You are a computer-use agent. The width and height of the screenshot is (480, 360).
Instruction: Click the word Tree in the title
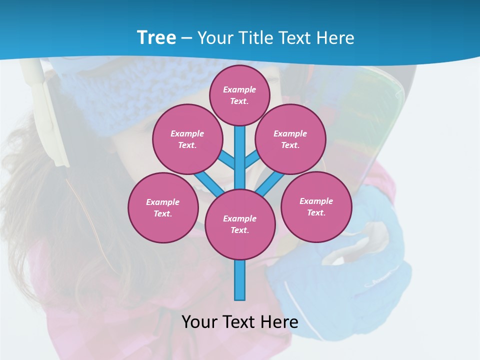156,37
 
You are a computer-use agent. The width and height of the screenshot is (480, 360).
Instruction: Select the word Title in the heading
256,38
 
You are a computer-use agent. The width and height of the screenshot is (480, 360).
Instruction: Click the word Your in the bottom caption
200,321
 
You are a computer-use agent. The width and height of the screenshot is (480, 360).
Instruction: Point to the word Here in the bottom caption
277,321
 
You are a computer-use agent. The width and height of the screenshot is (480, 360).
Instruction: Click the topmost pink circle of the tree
239,95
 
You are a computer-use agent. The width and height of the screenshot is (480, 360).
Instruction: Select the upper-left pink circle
187,139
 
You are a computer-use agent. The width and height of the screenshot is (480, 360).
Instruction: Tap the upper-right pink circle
290,139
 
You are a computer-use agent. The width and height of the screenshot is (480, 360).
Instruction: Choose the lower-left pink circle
162,208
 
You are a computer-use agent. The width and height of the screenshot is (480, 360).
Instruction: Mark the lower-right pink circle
316,207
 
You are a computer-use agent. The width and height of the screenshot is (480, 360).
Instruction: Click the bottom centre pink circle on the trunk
240,224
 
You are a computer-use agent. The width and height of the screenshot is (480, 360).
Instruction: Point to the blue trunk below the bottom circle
240,280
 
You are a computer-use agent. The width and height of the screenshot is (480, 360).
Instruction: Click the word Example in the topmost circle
239,90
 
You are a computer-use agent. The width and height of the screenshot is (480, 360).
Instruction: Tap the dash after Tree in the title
186,38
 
